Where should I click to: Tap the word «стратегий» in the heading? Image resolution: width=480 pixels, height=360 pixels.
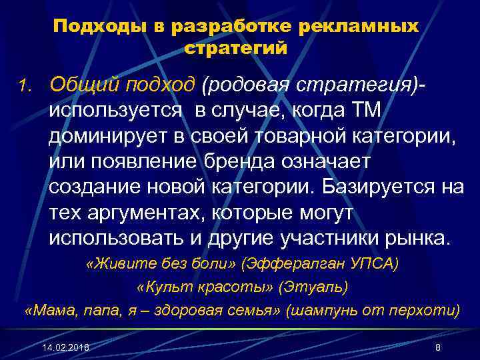236,49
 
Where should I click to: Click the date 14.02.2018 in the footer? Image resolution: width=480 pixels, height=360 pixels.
64,349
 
